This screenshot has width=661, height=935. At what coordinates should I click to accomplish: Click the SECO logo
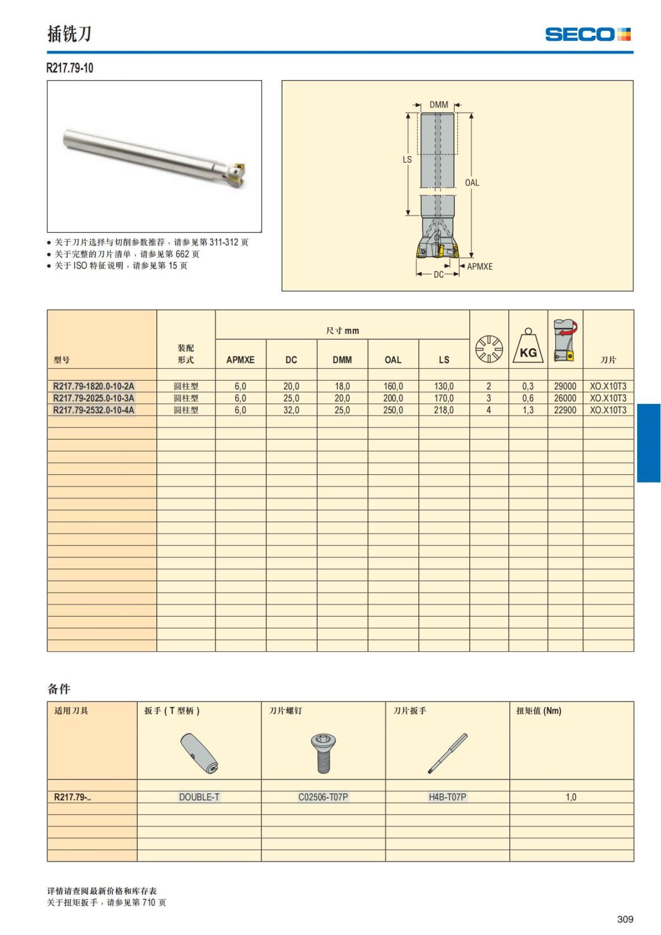(x=588, y=34)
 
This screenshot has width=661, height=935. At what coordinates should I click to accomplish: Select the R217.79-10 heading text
(x=70, y=68)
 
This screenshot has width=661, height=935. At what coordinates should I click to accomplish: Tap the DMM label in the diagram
(x=438, y=105)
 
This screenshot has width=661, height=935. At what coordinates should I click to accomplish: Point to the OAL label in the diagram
(x=472, y=182)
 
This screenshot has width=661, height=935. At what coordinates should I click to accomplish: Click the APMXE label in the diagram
(x=480, y=266)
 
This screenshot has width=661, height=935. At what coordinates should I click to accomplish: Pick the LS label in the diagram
(x=407, y=159)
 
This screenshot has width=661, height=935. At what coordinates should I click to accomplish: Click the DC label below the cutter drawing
(x=438, y=274)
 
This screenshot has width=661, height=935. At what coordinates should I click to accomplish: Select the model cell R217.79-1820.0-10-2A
(x=94, y=386)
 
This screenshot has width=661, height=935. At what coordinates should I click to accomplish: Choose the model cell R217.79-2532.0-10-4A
(x=94, y=410)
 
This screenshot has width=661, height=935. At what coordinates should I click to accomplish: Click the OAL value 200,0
(x=393, y=398)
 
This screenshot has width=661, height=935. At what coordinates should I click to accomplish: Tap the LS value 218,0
(x=444, y=410)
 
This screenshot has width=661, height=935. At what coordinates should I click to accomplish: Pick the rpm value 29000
(x=565, y=386)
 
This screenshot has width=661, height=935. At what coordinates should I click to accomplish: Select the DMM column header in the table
(x=342, y=360)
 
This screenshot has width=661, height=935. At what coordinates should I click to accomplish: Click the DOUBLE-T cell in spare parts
(x=199, y=797)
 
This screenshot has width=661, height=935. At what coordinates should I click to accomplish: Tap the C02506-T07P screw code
(x=323, y=797)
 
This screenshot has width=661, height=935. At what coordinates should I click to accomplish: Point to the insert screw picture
(x=323, y=753)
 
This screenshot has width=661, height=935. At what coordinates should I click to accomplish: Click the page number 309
(x=625, y=919)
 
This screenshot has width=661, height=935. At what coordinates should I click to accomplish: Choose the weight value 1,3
(x=528, y=410)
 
